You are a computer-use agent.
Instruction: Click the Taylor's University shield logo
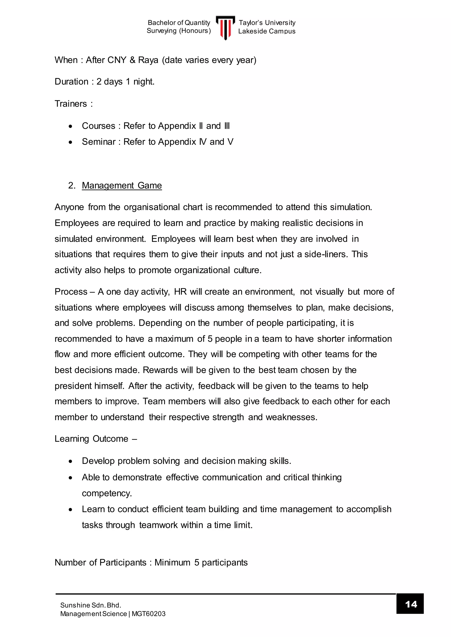pos(225,27)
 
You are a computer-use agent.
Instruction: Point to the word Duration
pos(71,82)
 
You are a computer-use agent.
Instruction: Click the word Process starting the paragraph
pos(71,292)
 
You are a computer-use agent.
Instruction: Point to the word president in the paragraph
pos(73,386)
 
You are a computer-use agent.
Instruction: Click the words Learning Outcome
pos(91,439)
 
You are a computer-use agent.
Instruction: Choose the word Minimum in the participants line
pos(172,562)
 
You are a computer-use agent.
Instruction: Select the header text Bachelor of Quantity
pos(179,23)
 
